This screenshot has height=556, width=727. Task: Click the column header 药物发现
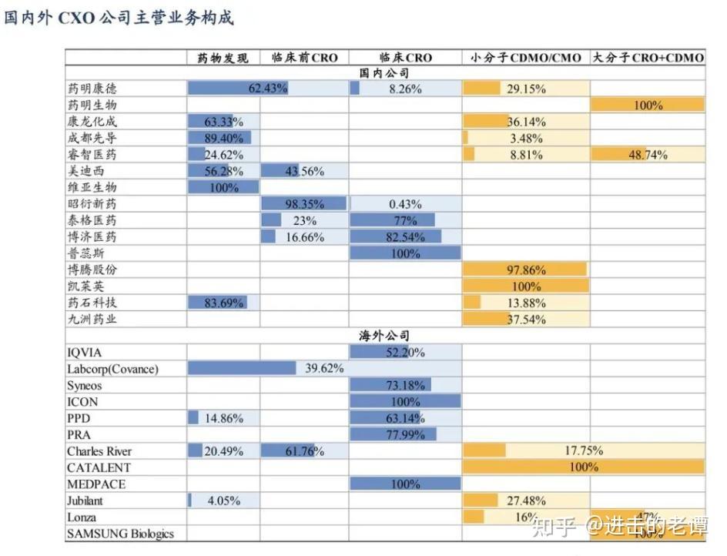point(223,58)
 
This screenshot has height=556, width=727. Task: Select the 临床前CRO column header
point(304,58)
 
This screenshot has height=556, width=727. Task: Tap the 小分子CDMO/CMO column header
point(526,58)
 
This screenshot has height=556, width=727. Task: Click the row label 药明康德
point(92,89)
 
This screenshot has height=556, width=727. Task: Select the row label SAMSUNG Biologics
point(120,534)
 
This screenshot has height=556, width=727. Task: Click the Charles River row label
point(99,451)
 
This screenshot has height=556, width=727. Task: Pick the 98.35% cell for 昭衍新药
point(304,204)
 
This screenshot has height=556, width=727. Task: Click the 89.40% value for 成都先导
point(223,138)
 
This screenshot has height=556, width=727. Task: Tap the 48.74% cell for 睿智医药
point(648,155)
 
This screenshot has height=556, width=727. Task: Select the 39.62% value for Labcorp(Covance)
point(324,369)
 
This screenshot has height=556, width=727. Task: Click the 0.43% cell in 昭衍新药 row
point(405,204)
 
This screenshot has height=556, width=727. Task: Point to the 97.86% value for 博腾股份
point(527,270)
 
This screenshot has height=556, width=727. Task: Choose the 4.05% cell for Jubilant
point(224,501)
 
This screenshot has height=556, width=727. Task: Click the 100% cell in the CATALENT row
point(583,467)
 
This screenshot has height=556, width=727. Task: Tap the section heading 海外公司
point(384,337)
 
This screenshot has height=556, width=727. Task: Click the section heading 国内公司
point(384,73)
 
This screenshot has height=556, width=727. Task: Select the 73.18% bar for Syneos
point(405,385)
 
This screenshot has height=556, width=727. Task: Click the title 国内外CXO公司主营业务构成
point(119,17)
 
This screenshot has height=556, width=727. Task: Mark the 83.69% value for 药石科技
point(224,303)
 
